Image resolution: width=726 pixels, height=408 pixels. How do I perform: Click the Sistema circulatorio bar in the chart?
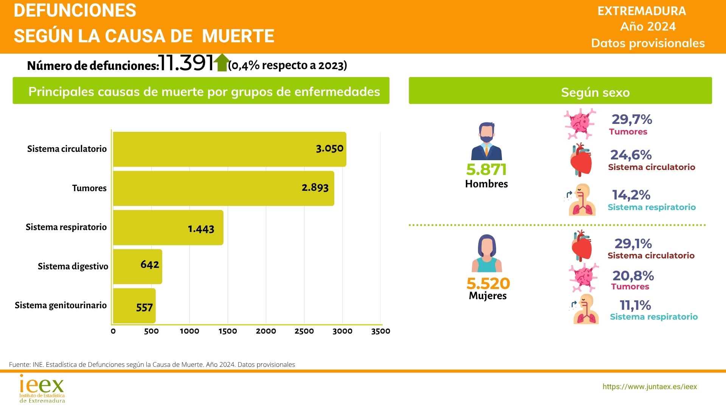(229, 149)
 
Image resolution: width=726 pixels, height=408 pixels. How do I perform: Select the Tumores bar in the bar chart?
(223, 188)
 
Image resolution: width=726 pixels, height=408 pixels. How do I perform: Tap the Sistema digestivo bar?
(137, 266)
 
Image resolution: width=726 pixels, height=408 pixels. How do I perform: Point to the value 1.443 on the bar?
(201, 229)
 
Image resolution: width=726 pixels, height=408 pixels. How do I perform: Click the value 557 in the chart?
(144, 308)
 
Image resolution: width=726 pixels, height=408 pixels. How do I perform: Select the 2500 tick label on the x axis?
(304, 331)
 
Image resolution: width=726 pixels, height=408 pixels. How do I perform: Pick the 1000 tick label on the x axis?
(189, 331)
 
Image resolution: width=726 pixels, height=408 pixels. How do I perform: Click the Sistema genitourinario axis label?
(60, 305)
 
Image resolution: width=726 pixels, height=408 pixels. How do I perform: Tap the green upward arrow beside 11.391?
(222, 62)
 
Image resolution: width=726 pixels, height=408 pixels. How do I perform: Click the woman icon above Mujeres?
(487, 253)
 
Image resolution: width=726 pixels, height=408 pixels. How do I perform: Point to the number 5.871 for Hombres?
(486, 170)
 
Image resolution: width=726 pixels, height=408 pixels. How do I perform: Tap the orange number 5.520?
(488, 283)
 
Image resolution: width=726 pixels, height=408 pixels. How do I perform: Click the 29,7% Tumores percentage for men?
(632, 120)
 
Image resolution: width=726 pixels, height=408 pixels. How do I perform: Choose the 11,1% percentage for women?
(635, 305)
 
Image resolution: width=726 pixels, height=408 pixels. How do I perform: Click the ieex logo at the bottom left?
(42, 388)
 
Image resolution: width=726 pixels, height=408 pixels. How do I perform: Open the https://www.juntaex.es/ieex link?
(650, 386)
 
